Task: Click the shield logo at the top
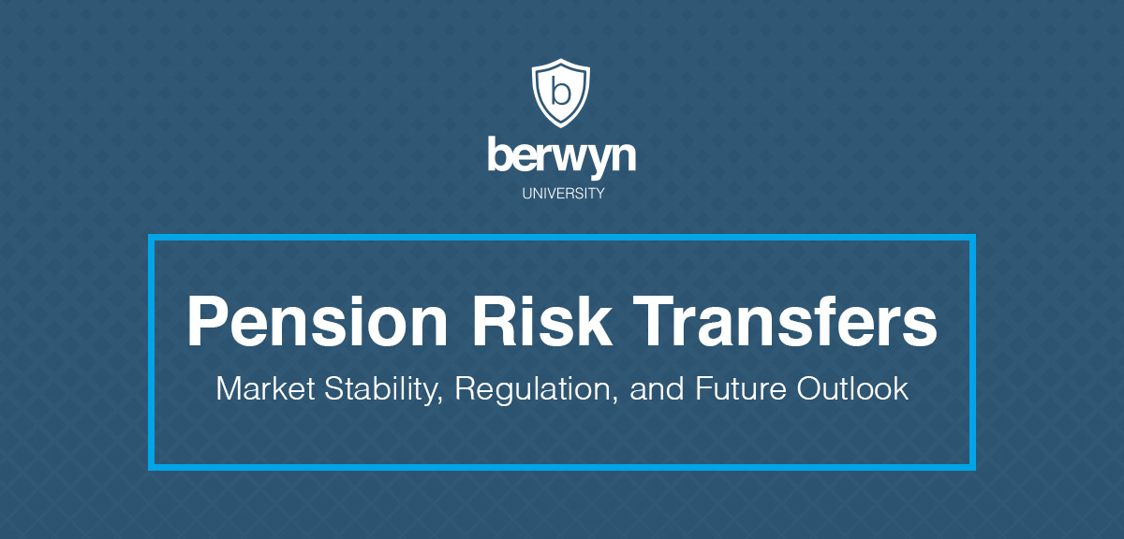(561, 93)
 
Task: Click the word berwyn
(561, 157)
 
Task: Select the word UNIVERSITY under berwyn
(563, 194)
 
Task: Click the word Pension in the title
(318, 321)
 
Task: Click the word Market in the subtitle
(265, 388)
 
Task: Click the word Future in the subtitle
(741, 388)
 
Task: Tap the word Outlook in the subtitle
(852, 388)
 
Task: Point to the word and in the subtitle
(657, 389)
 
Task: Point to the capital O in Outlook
(810, 388)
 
